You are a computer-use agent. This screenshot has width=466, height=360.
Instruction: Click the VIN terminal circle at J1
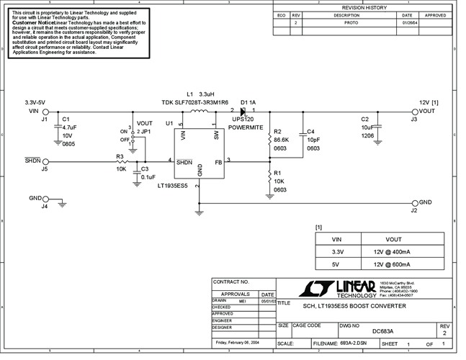point(45,112)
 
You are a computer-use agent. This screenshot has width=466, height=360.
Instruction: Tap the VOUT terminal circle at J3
point(413,112)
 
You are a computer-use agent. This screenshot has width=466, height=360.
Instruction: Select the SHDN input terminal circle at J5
point(45,161)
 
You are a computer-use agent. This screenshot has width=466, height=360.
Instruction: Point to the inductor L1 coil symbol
point(197,111)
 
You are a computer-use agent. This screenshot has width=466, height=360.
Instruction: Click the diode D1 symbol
point(243,111)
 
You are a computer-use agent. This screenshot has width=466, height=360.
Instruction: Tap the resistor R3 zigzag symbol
point(120,161)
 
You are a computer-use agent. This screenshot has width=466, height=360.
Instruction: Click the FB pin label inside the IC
point(218,162)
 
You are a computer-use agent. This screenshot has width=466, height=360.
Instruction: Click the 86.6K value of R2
point(281,140)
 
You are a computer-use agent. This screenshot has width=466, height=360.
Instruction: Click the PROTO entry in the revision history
point(351,23)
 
